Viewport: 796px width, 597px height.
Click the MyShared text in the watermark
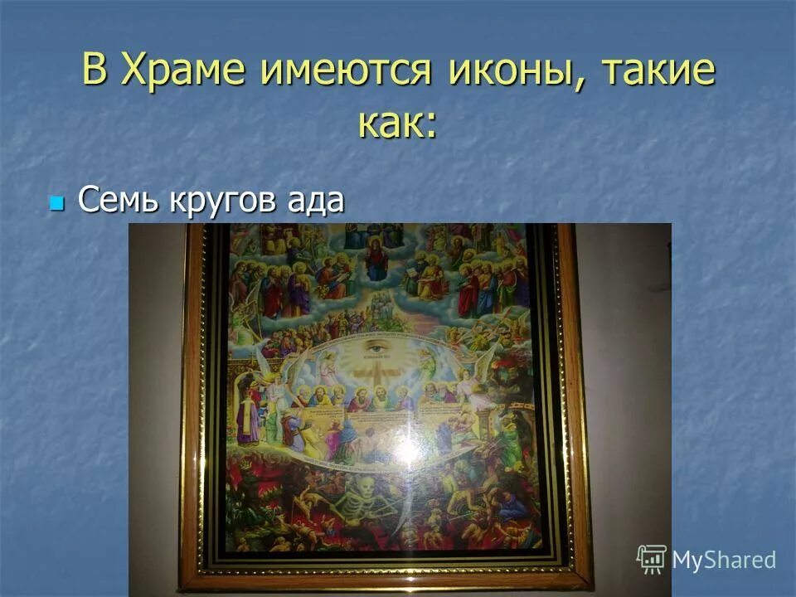724,560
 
